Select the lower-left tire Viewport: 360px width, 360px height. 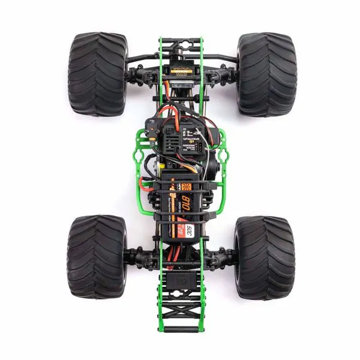(x=97, y=257)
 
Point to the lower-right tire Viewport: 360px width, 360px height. (x=265, y=257)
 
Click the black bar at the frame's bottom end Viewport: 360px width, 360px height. (x=181, y=329)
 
